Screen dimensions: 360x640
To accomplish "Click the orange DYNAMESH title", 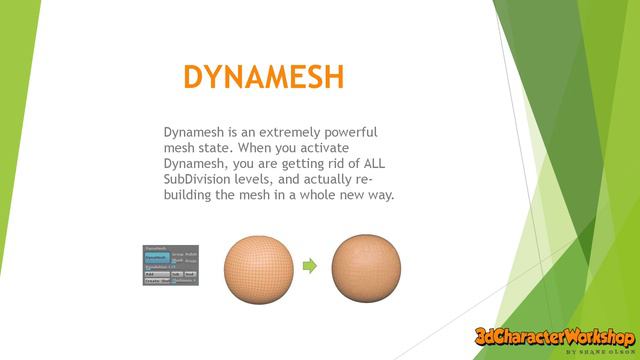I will tap(264, 78).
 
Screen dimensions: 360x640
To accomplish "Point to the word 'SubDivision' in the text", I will tap(200, 178).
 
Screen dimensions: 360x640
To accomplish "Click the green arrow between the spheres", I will tap(310, 266).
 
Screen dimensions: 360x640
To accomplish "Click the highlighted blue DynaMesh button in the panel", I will tap(156, 256).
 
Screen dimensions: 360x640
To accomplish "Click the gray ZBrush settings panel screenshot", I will tap(170, 265).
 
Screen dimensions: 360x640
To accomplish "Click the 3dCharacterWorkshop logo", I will tap(554, 338).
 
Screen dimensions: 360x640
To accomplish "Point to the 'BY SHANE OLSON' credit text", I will tap(599, 352).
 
